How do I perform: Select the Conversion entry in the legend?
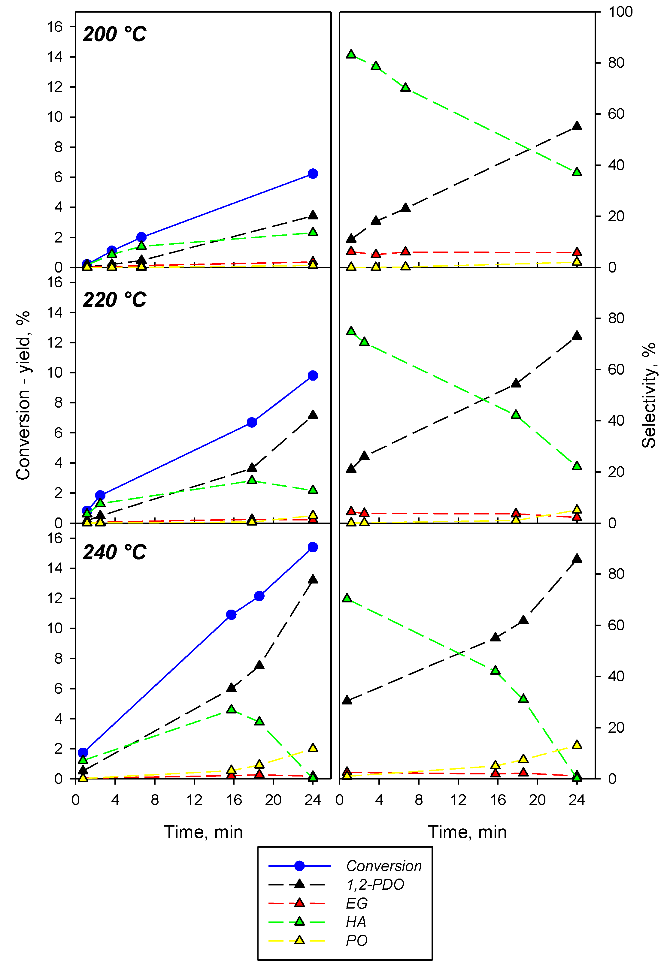click(x=383, y=866)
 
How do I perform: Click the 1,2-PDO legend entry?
click(x=374, y=885)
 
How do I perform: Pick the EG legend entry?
click(x=356, y=903)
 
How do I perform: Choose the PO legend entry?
click(x=356, y=940)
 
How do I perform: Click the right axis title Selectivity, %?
click(x=649, y=395)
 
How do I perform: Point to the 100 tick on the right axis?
click(x=620, y=12)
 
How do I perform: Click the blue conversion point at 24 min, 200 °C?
click(x=313, y=174)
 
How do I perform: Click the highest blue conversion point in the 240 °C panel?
click(x=313, y=547)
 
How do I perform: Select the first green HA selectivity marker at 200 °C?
click(x=351, y=54)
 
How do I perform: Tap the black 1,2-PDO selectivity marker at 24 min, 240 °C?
click(x=577, y=559)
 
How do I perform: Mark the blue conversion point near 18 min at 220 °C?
click(x=252, y=422)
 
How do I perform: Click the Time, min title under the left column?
click(x=203, y=832)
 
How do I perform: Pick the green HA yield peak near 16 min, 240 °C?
click(x=231, y=709)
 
